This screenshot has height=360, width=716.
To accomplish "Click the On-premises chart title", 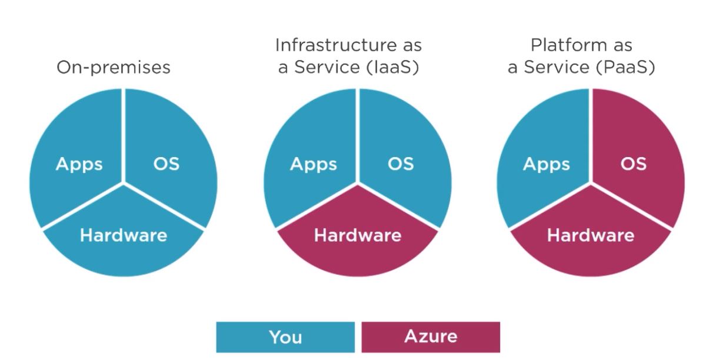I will click(x=113, y=68).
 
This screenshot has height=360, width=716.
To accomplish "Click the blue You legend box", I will click(x=285, y=337).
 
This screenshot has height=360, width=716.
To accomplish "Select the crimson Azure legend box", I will click(x=430, y=337).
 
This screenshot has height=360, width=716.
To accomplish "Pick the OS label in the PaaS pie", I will click(x=633, y=164).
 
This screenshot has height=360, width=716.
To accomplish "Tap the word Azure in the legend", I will click(x=430, y=337).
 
